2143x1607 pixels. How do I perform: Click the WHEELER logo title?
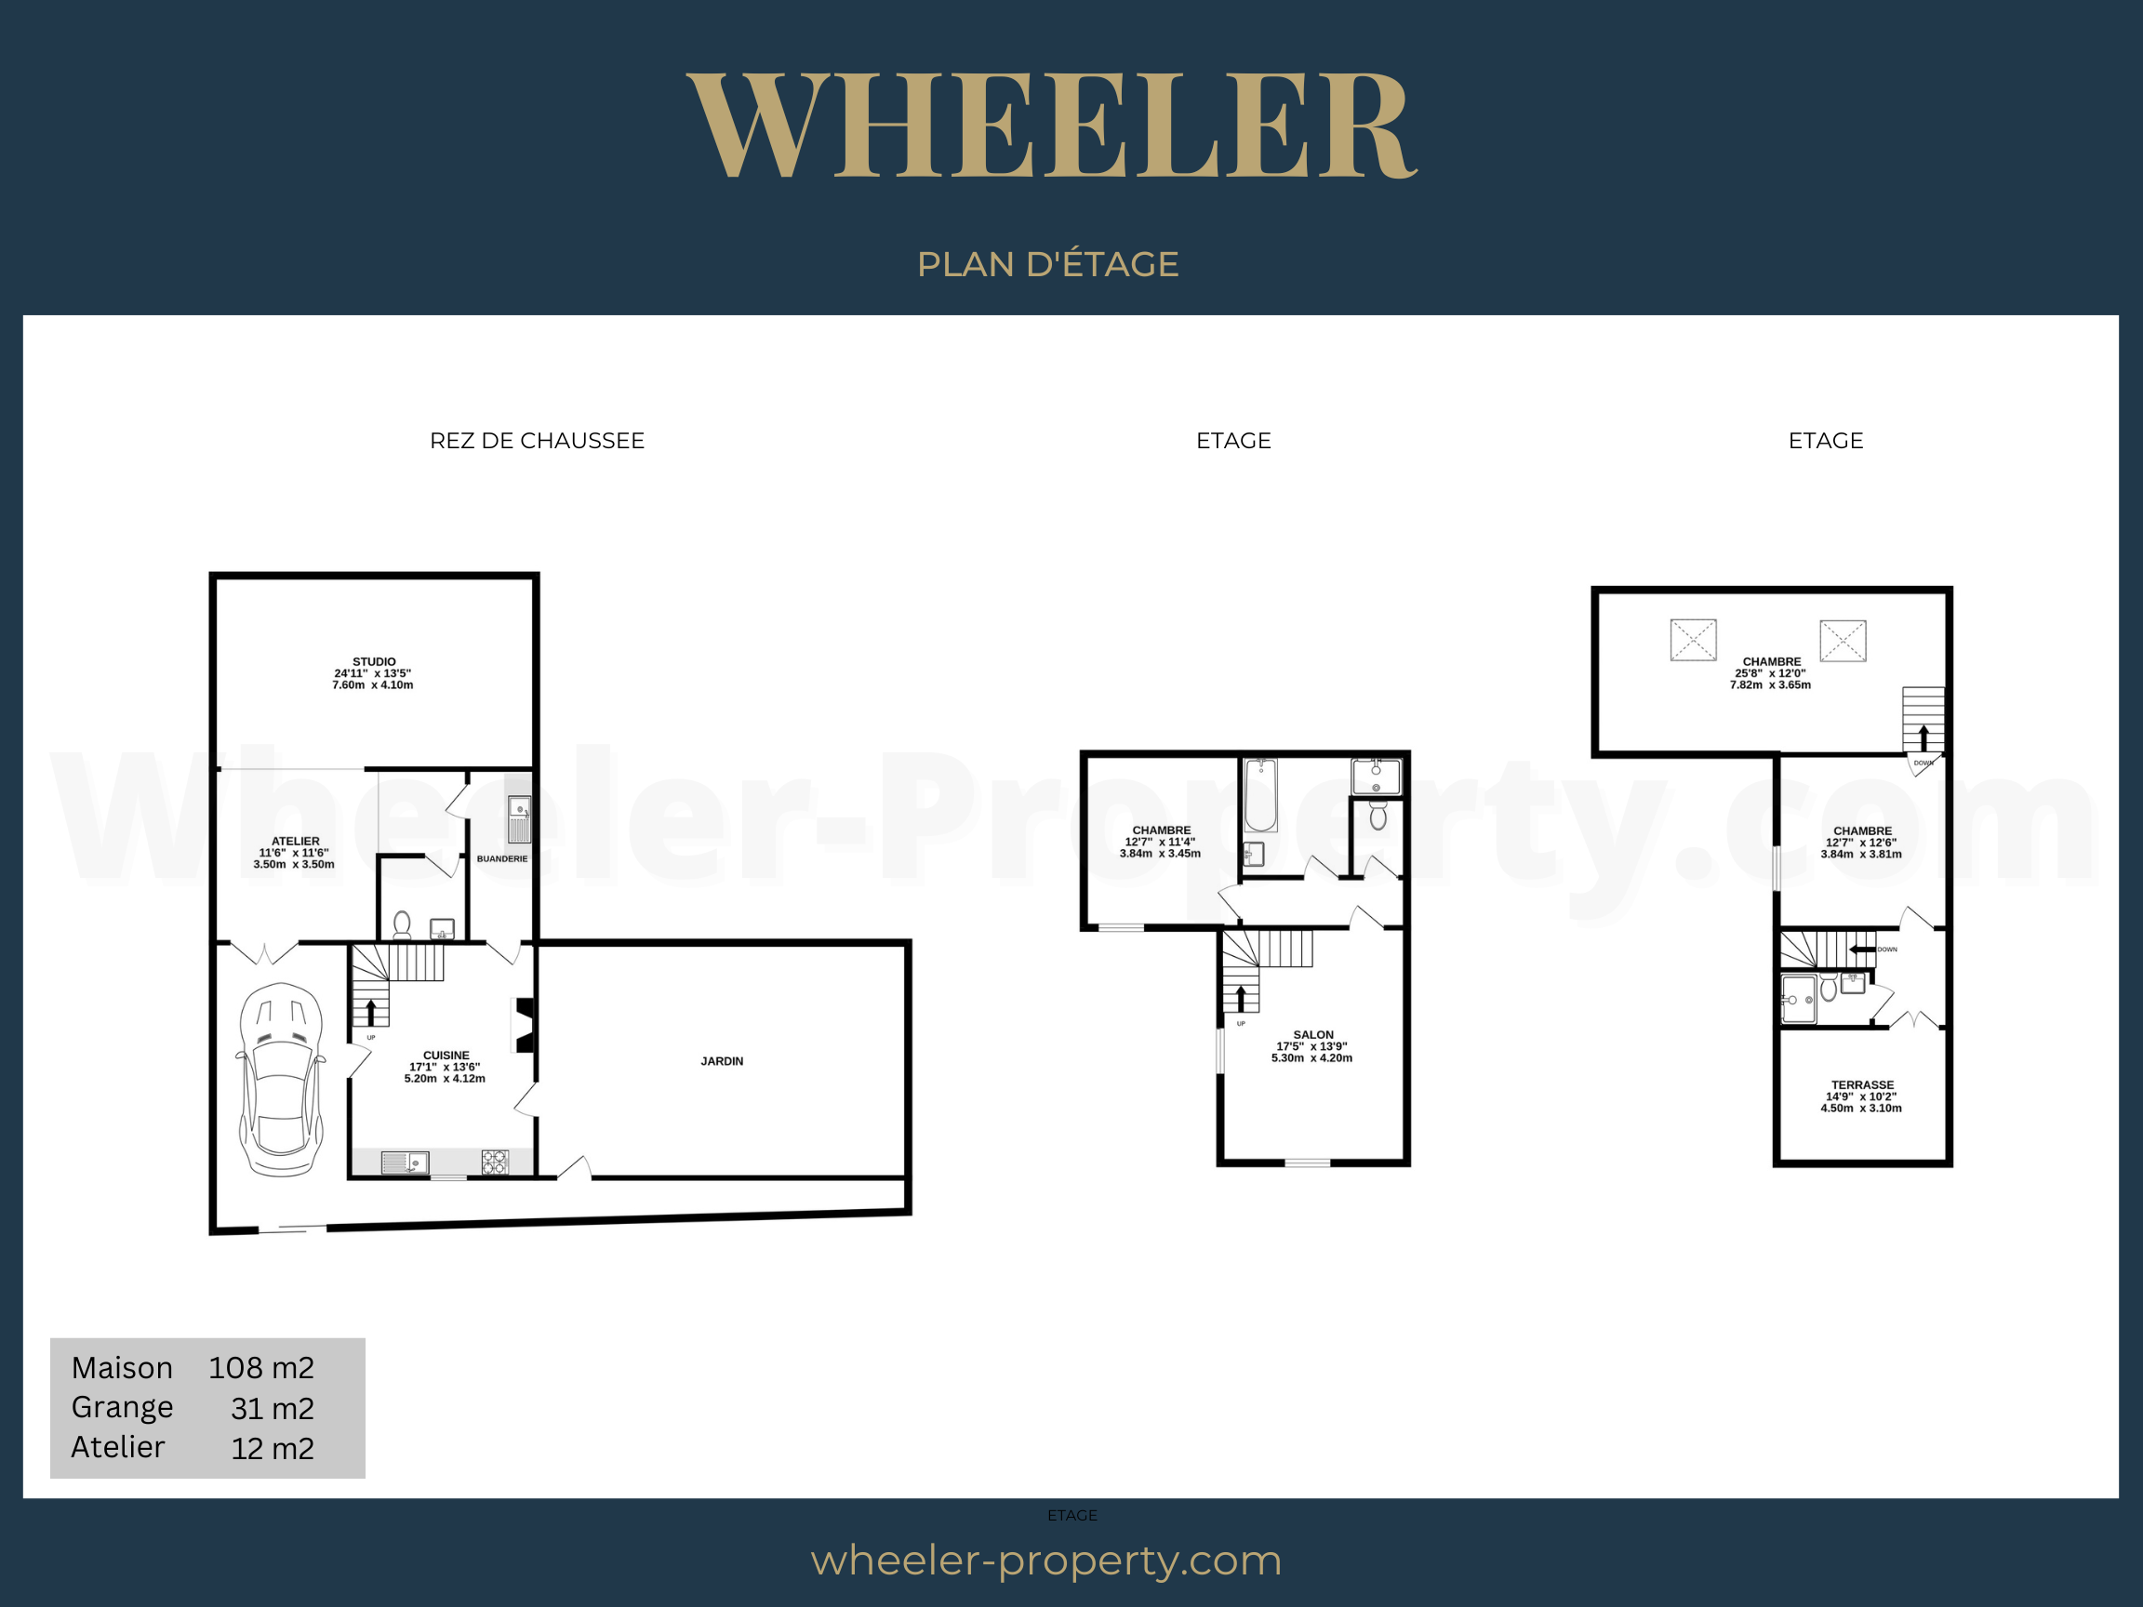(x=1052, y=126)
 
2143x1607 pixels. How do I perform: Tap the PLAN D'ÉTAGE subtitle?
(x=1047, y=263)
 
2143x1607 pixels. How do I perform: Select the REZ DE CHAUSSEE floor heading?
(x=537, y=441)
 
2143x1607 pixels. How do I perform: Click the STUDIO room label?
(x=374, y=661)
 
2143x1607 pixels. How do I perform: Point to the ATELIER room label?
(x=296, y=842)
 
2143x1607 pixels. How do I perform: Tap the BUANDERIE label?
(x=502, y=859)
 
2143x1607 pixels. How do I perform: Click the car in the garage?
(x=281, y=1080)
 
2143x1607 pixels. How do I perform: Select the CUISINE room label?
(x=446, y=1056)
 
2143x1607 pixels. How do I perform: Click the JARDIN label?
(x=722, y=1062)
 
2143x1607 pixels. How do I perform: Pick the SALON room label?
(x=1312, y=1034)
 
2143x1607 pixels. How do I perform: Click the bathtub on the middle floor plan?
(x=1260, y=795)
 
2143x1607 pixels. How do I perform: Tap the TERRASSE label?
(x=1862, y=1085)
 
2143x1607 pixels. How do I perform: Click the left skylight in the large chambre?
(x=1694, y=640)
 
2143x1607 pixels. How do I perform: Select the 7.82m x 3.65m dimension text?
(x=1770, y=684)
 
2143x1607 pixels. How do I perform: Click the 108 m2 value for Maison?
(x=261, y=1368)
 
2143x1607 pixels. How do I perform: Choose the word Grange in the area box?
(x=122, y=1407)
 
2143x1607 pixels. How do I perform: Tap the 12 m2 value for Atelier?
(x=273, y=1448)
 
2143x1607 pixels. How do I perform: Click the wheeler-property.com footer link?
(x=1046, y=1561)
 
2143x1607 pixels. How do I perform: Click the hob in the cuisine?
(x=495, y=1162)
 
